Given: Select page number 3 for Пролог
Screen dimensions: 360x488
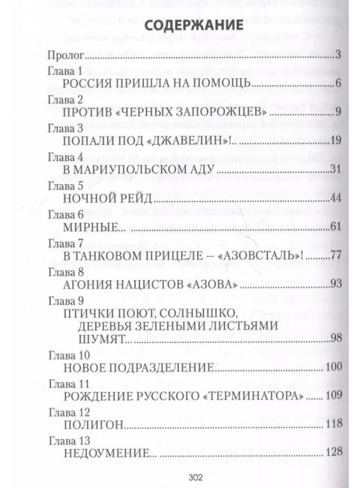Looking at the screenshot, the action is point(340,56).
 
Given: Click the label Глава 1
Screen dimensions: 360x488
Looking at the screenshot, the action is point(66,71).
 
